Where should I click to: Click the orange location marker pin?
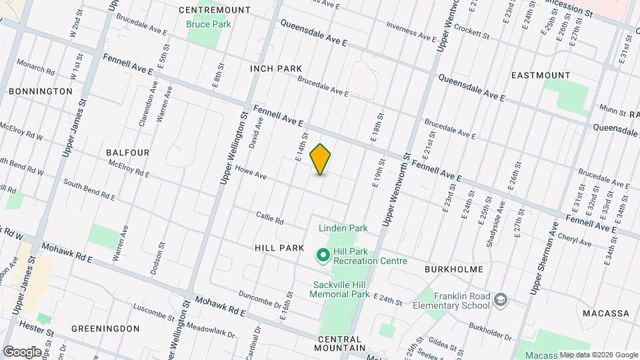tap(321, 159)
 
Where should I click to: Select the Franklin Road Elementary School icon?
tap(500, 301)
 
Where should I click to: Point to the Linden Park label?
tap(343, 228)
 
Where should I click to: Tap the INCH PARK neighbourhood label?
tap(276, 69)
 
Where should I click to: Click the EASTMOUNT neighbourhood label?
tap(540, 75)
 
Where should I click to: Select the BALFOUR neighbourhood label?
tap(128, 153)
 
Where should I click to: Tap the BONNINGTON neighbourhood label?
tap(41, 91)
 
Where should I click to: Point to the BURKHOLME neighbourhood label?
tap(453, 271)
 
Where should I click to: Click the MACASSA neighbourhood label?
tap(605, 313)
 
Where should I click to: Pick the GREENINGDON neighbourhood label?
tap(105, 329)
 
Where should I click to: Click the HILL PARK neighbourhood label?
tap(279, 247)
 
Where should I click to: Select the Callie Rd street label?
tap(270, 217)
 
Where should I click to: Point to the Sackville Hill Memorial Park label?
tap(341, 289)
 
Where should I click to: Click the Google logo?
tap(22, 351)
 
